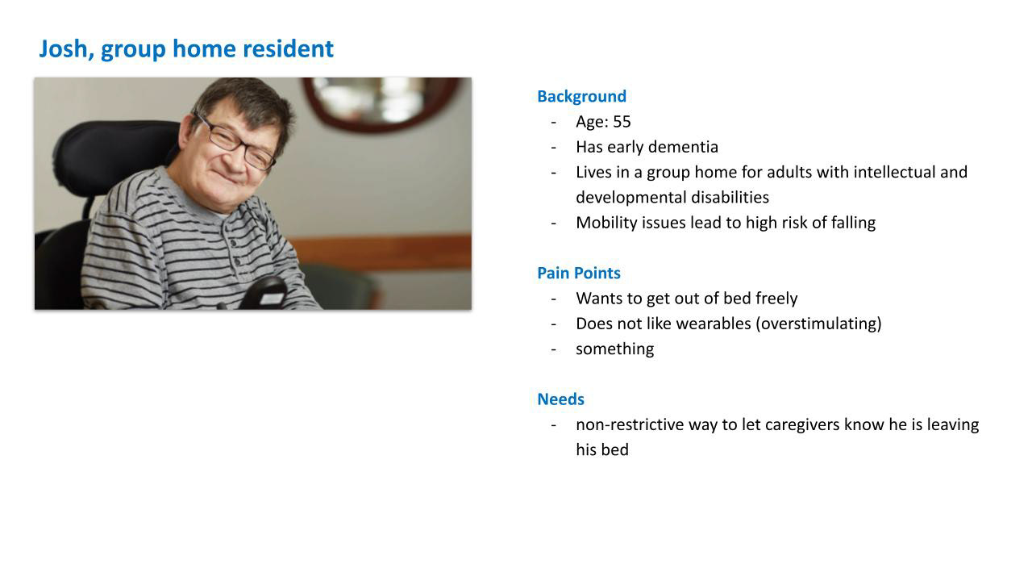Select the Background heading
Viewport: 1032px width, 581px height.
tap(582, 96)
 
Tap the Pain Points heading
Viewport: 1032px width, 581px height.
tap(579, 273)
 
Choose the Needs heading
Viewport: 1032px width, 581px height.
tap(560, 399)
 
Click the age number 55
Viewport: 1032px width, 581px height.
tap(622, 122)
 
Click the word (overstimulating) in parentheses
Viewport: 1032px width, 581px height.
tap(818, 324)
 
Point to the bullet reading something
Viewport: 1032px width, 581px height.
tap(615, 349)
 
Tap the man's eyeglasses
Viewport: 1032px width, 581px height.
tap(235, 143)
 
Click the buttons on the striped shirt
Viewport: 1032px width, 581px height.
tap(235, 252)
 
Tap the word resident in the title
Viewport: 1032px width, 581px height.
tap(288, 49)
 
